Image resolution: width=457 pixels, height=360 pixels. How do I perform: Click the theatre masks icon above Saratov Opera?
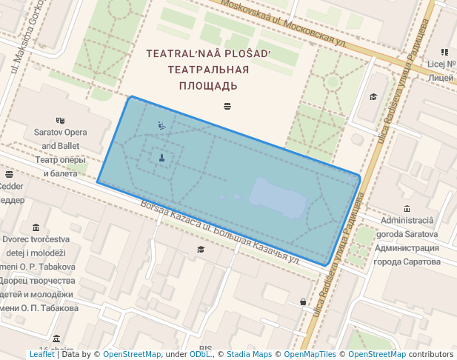[x=60, y=120]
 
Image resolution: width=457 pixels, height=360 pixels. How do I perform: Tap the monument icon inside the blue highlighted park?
[x=161, y=157]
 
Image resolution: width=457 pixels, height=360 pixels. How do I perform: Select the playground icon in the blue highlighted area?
[x=161, y=125]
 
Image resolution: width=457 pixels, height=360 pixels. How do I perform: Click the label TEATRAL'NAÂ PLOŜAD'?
[x=209, y=54]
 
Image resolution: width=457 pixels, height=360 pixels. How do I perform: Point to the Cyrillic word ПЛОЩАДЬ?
[x=209, y=86]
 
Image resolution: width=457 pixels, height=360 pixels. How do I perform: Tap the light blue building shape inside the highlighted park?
[x=278, y=199]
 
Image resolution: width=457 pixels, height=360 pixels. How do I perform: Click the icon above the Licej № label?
[x=444, y=52]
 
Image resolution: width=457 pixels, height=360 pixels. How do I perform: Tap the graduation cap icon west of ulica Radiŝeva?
[x=373, y=97]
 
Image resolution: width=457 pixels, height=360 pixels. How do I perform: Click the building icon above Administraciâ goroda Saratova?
[x=407, y=209]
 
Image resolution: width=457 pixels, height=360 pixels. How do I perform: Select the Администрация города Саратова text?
[x=407, y=255]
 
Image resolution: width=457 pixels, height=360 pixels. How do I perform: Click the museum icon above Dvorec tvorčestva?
[x=36, y=227]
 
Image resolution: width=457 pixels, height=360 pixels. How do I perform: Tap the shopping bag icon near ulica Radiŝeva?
[x=303, y=301]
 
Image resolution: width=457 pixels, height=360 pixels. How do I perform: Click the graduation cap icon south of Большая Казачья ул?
[x=200, y=250]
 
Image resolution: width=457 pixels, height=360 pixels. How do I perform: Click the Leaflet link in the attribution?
[x=41, y=355]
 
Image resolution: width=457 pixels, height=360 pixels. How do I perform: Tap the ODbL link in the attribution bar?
[x=200, y=355]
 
